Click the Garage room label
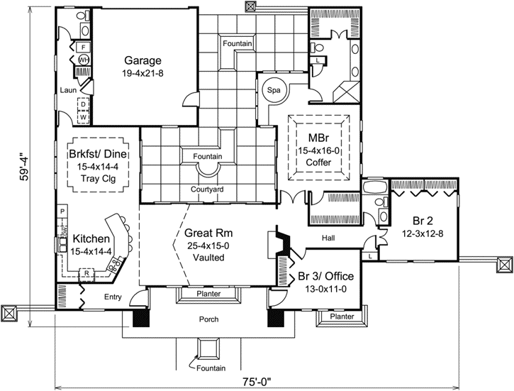[x=143, y=60]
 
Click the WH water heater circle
[x=83, y=60]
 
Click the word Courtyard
[x=207, y=189]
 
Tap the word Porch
[x=208, y=319]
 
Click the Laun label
[x=68, y=90]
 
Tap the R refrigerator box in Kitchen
[x=86, y=272]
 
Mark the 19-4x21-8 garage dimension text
[x=143, y=72]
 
